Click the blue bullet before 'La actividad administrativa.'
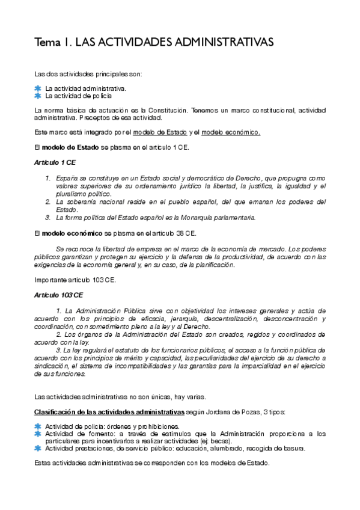click(38, 88)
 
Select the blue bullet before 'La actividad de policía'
click(38, 95)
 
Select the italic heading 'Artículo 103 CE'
click(58, 295)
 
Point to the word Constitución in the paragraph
click(140, 111)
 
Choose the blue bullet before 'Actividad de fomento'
click(38, 433)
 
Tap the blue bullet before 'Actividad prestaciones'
click(38, 448)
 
